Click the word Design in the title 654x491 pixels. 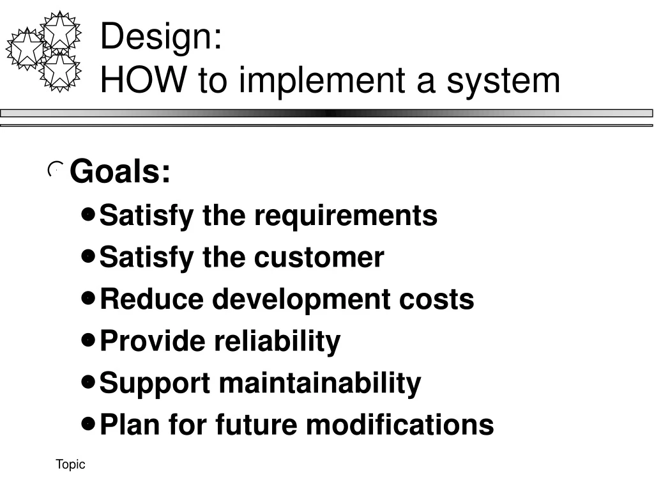(x=156, y=37)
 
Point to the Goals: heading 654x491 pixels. (x=120, y=172)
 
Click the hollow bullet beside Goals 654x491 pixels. (x=56, y=170)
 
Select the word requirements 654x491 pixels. (x=346, y=215)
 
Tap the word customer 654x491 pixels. (x=319, y=258)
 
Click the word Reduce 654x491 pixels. (x=151, y=299)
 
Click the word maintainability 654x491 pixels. (x=319, y=383)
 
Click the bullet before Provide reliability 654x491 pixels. (x=89, y=340)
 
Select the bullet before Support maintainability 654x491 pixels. (x=89, y=382)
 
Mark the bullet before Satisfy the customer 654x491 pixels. (x=89, y=257)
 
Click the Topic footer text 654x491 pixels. (x=70, y=465)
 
